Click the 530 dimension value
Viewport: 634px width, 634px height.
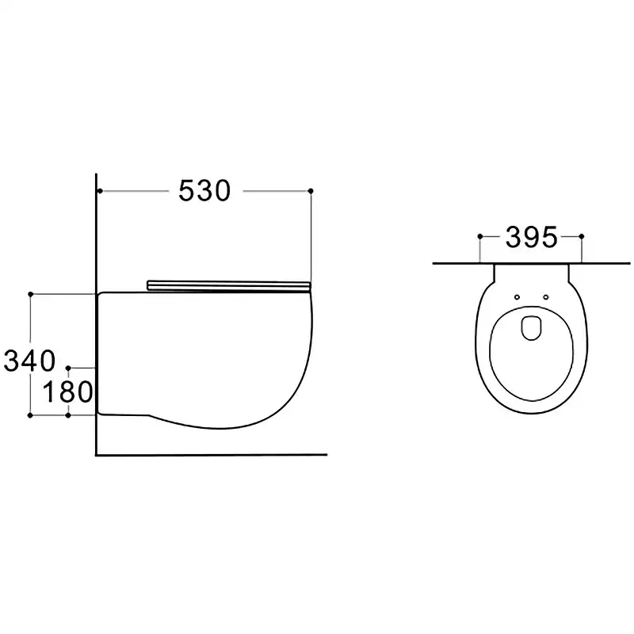tap(204, 190)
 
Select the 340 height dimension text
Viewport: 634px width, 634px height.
tap(29, 361)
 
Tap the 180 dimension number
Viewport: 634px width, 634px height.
tap(68, 391)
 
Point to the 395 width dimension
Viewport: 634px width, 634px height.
tap(531, 237)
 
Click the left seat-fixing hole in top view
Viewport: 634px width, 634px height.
tap(518, 297)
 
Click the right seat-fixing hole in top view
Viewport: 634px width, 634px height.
tap(546, 297)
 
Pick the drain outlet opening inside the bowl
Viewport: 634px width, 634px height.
tap(532, 327)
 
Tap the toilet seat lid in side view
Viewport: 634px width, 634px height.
tap(229, 285)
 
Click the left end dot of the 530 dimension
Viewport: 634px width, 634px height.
tap(100, 190)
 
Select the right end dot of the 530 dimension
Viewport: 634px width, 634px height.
tap(311, 190)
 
